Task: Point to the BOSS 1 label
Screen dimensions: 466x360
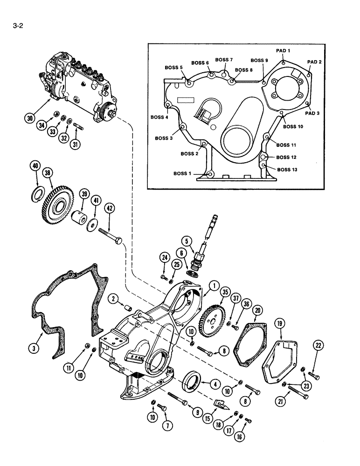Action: coord(182,173)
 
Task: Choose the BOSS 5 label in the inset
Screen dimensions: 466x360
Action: coord(174,68)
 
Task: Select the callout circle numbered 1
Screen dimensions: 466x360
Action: coord(213,286)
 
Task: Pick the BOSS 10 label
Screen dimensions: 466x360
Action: coord(293,126)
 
